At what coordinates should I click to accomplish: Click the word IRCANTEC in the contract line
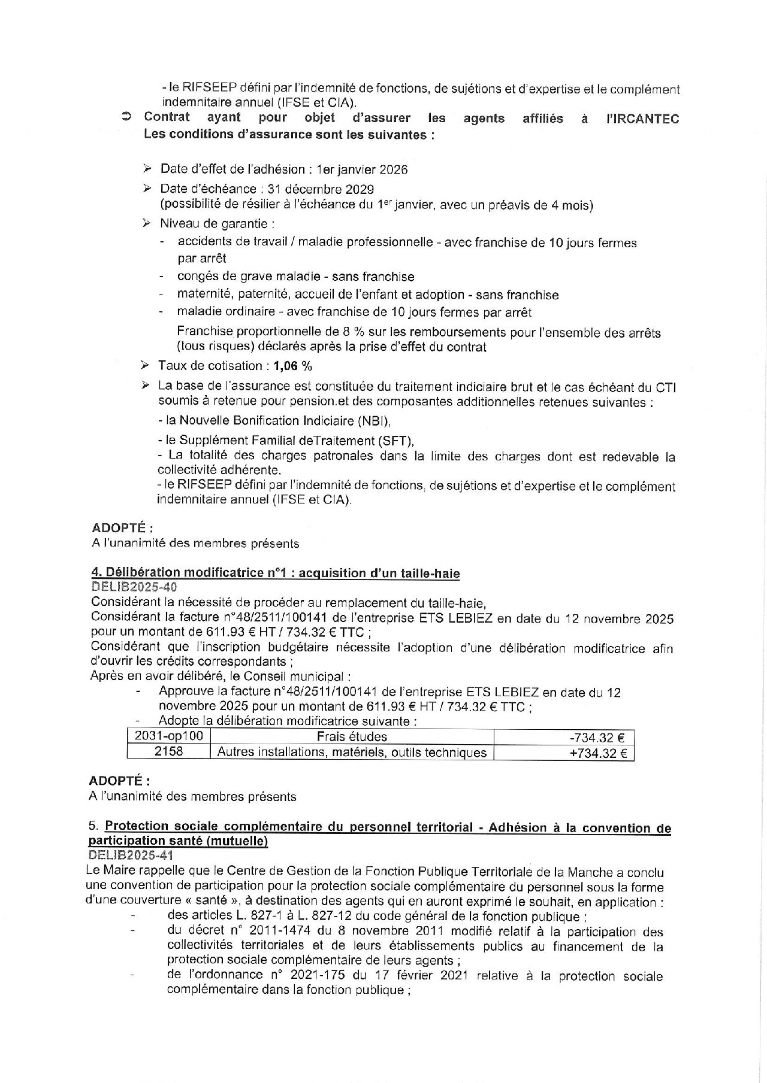[x=642, y=119]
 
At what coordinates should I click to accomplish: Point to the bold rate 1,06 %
[x=293, y=366]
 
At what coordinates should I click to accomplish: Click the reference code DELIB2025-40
[x=134, y=588]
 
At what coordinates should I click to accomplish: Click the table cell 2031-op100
[x=169, y=736]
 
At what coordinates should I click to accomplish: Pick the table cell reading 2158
[x=169, y=751]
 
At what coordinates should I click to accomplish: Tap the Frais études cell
[x=352, y=737]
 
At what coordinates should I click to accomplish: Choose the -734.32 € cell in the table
[x=597, y=738]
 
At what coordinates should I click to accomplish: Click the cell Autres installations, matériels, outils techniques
[x=352, y=753]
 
